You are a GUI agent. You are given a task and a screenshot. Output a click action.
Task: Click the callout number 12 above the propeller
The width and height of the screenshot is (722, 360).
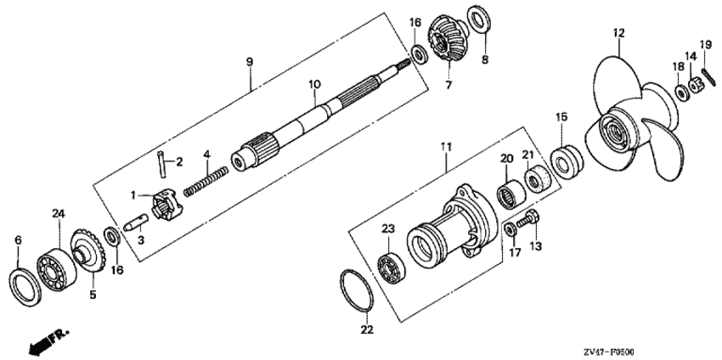[619, 33]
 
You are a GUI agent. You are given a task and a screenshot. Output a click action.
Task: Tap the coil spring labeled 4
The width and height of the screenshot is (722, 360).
[206, 182]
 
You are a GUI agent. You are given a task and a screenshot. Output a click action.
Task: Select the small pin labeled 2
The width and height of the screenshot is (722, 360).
[161, 162]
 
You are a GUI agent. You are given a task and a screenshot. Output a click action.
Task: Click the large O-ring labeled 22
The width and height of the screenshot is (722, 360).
[357, 291]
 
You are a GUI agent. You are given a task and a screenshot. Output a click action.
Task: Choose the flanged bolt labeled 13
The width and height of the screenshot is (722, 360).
[528, 219]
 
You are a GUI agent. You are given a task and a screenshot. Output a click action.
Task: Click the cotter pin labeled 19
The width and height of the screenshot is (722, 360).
[709, 77]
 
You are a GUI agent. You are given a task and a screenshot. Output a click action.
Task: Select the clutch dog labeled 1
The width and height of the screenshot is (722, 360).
[166, 206]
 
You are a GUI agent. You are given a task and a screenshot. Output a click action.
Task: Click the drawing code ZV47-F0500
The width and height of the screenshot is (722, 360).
[611, 352]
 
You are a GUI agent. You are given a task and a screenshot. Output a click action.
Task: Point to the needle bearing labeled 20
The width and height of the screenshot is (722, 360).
[511, 195]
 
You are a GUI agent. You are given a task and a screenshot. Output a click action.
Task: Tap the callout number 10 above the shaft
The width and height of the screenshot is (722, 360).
[314, 84]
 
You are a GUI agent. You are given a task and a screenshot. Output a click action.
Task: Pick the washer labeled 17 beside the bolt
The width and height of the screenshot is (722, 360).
[510, 229]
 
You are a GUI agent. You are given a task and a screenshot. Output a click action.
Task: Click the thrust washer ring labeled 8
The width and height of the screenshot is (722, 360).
[479, 24]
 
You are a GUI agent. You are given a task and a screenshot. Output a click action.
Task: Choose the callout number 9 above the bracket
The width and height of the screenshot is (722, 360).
[250, 62]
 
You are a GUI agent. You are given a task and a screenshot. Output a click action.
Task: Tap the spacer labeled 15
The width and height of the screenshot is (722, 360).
[567, 162]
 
